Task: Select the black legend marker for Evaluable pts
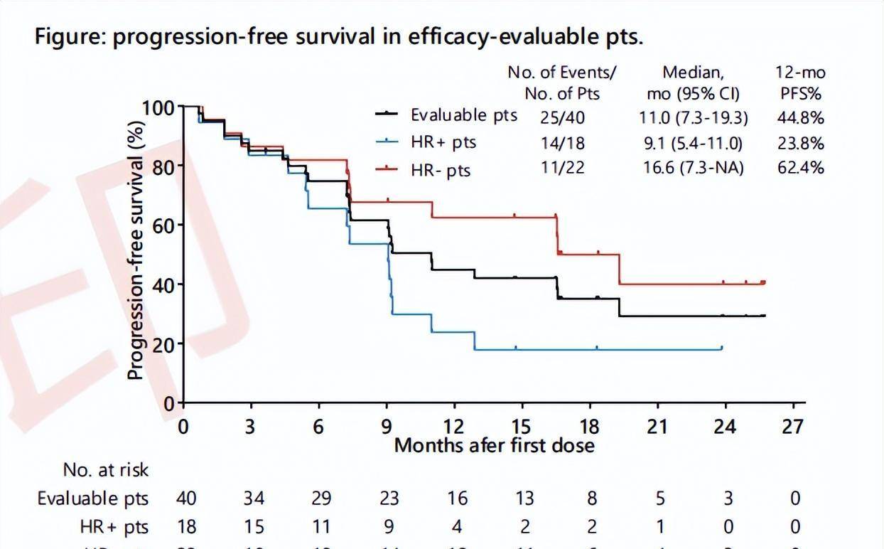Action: pyautogui.click(x=387, y=114)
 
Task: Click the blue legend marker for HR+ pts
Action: pyautogui.click(x=387, y=142)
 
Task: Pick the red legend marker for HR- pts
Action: pyautogui.click(x=387, y=169)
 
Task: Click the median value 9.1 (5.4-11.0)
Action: pyautogui.click(x=691, y=144)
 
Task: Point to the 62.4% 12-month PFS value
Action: pyautogui.click(x=801, y=169)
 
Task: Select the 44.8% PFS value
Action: pyautogui.click(x=801, y=117)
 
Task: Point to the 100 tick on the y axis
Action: pyautogui.click(x=158, y=108)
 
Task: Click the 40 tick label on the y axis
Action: pyautogui.click(x=164, y=284)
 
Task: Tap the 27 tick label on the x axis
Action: pyautogui.click(x=792, y=427)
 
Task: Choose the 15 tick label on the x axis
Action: pyautogui.click(x=521, y=427)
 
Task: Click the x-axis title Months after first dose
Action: pyautogui.click(x=494, y=446)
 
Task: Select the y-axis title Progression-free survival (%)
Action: pyautogui.click(x=136, y=249)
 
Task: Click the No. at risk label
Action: pyautogui.click(x=106, y=469)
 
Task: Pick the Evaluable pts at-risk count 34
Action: pyautogui.click(x=253, y=498)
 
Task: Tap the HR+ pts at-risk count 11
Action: pyautogui.click(x=321, y=527)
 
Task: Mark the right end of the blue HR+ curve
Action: pyautogui.click(x=721, y=348)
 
